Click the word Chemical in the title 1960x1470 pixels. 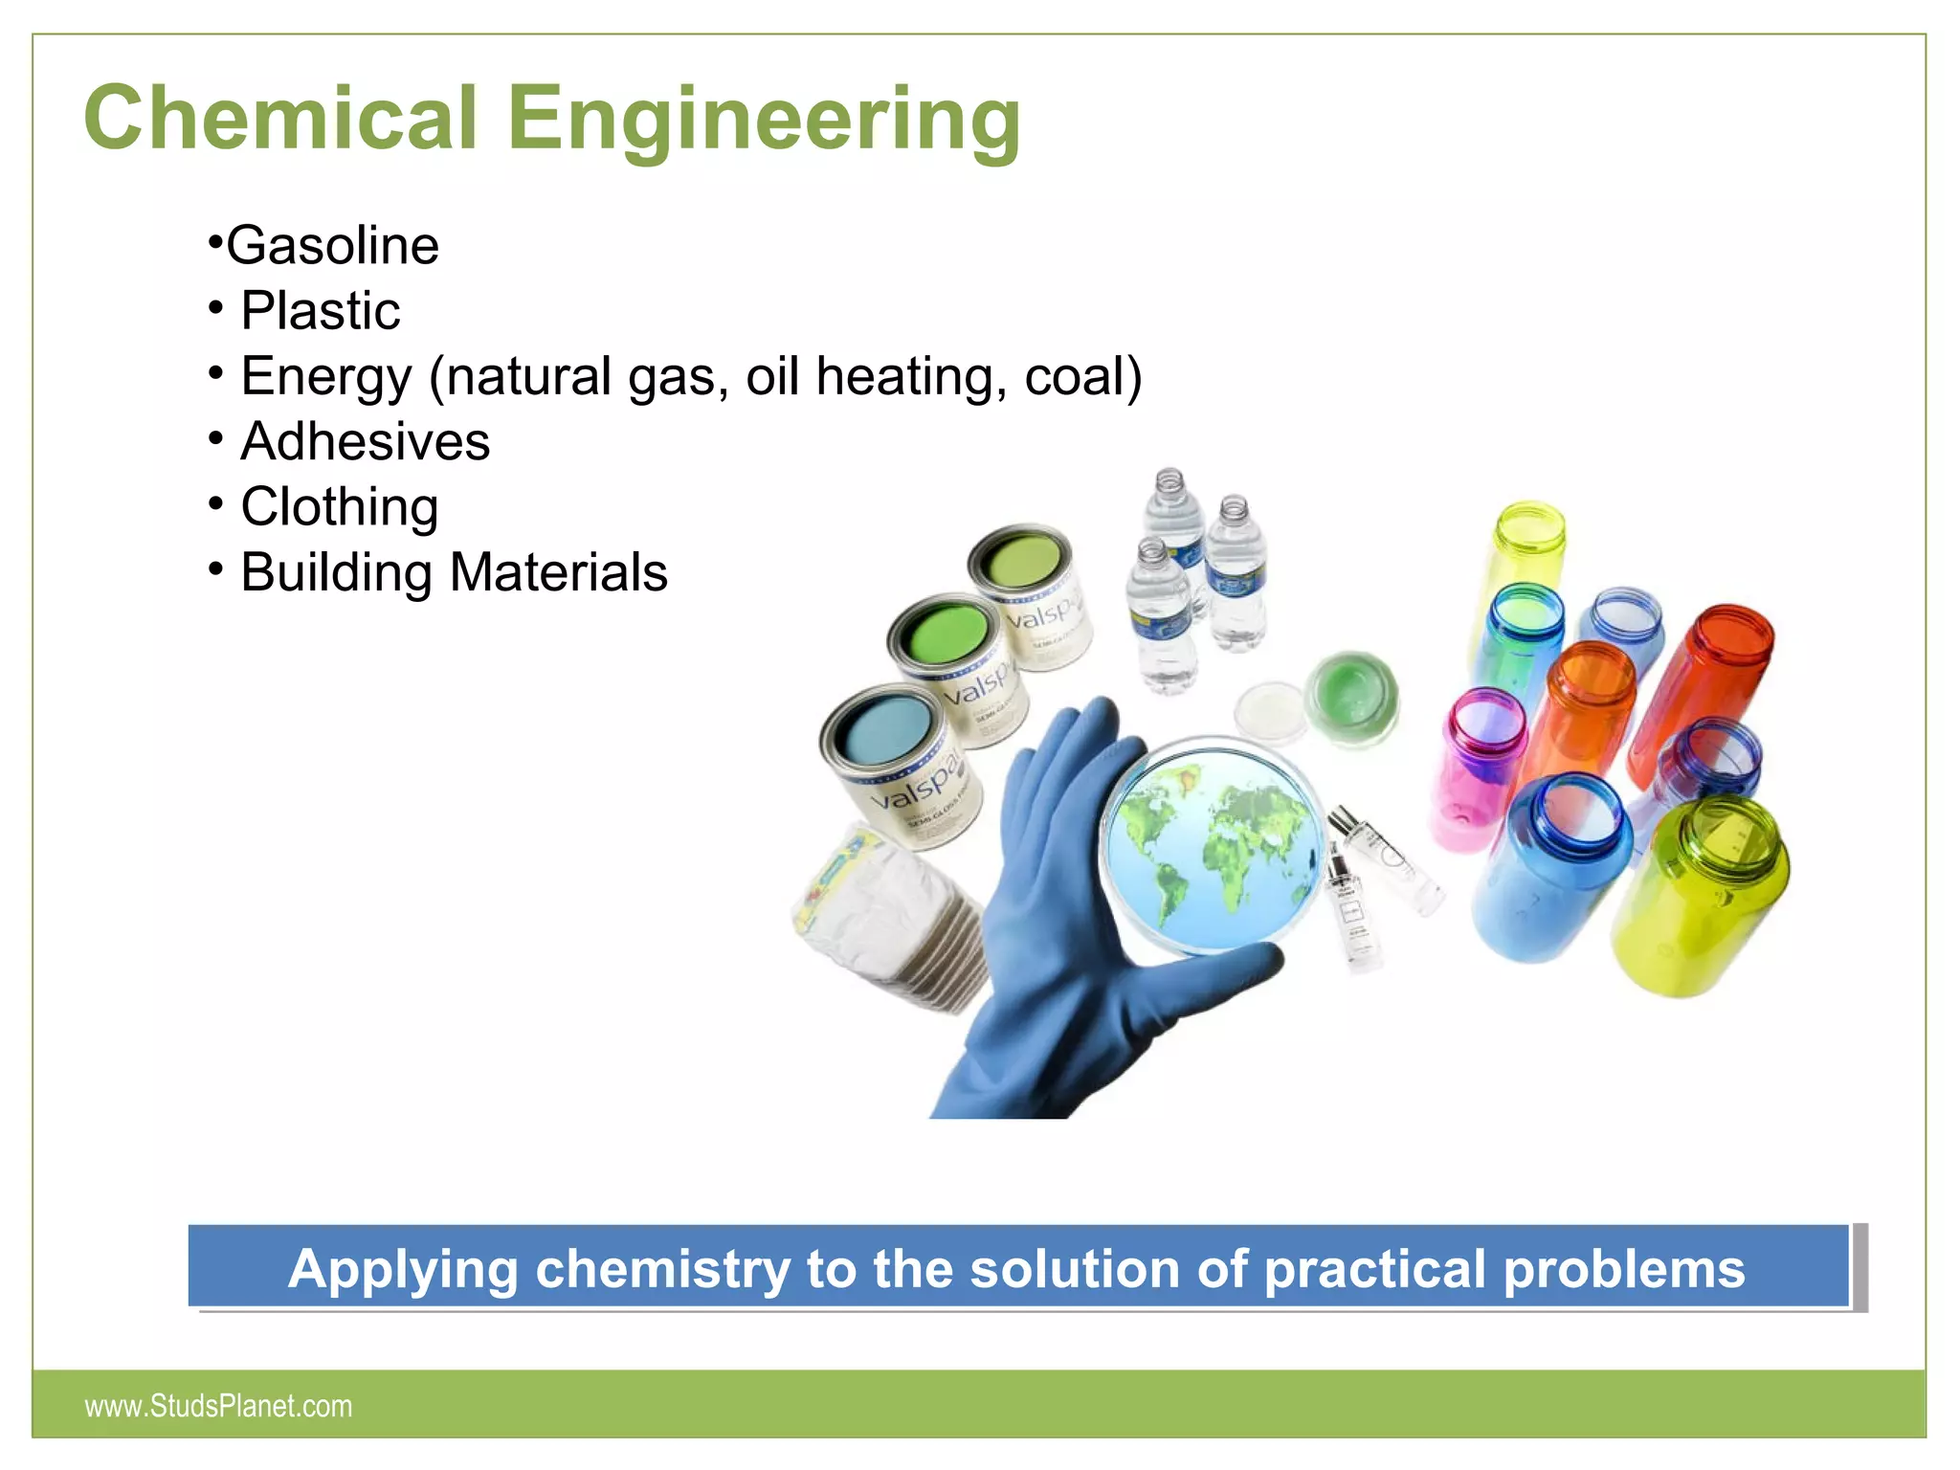point(279,118)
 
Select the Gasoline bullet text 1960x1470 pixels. point(331,245)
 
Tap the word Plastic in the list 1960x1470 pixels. point(320,310)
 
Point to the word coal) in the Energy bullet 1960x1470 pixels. point(1082,375)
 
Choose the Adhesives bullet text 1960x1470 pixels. point(365,441)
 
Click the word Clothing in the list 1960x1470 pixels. point(339,506)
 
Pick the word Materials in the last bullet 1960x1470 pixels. point(558,572)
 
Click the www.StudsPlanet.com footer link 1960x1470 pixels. point(218,1405)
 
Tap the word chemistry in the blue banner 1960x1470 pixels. point(661,1269)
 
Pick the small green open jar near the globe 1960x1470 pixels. point(1351,694)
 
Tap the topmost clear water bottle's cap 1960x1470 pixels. point(1169,479)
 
